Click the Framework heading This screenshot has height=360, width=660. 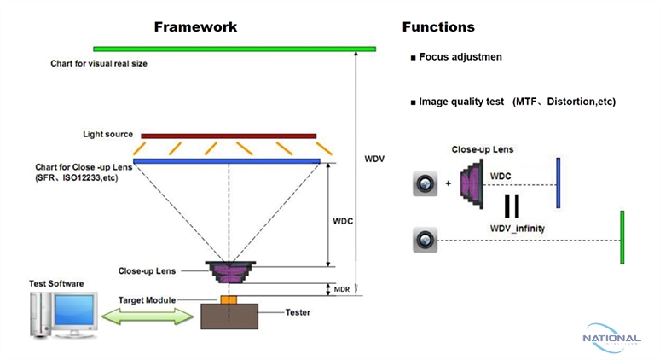tap(195, 27)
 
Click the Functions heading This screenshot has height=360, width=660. tap(437, 27)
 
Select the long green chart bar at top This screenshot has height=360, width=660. tap(234, 48)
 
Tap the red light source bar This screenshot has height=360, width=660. tap(229, 135)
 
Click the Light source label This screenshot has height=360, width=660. tap(107, 134)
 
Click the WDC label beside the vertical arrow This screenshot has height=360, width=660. tap(343, 220)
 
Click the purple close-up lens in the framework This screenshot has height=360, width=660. tap(228, 272)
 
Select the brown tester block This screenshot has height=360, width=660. tap(228, 316)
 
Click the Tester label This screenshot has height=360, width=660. tap(298, 312)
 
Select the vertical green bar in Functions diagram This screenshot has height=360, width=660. tap(622, 237)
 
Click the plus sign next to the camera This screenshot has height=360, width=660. tap(449, 183)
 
